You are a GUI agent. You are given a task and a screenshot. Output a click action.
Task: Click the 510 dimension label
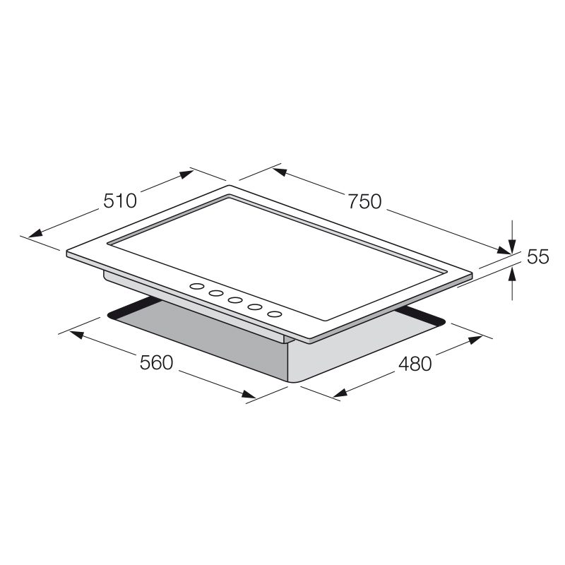pos(120,201)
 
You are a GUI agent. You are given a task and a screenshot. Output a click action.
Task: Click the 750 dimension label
pos(364,202)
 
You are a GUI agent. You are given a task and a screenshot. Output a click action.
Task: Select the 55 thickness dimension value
pos(537,257)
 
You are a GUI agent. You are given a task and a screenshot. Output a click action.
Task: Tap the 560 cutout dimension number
pos(156,363)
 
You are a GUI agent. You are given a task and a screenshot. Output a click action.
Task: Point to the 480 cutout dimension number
pos(415,364)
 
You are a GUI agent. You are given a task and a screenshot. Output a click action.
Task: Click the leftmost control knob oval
pos(197,287)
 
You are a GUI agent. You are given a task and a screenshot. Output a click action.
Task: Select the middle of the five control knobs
pos(235,300)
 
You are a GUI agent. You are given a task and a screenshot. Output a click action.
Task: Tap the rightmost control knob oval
pos(274,314)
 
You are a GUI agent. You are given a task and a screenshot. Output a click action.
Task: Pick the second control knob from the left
pos(216,293)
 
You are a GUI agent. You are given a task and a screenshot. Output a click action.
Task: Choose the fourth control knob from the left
pos(255,307)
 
